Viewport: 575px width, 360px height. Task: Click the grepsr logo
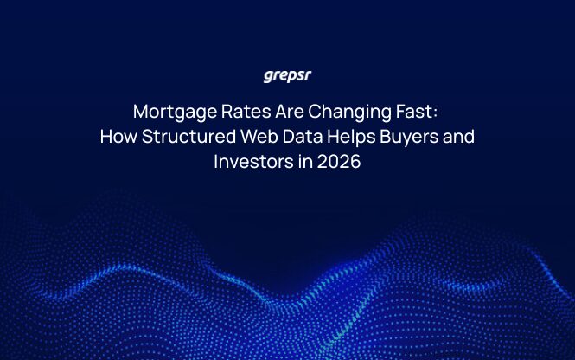287,76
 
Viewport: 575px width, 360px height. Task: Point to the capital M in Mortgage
141,112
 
